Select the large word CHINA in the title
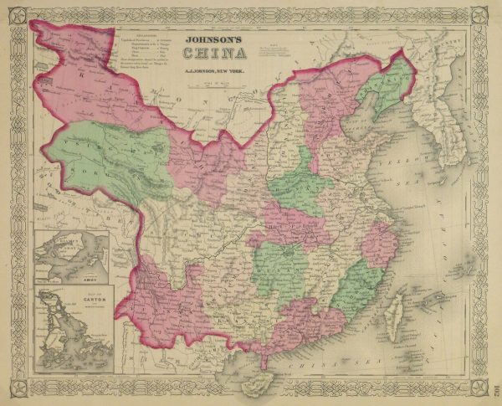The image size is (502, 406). pyautogui.click(x=215, y=54)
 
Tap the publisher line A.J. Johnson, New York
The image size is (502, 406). pyautogui.click(x=215, y=73)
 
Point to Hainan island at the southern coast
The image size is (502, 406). pyautogui.click(x=259, y=380)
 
